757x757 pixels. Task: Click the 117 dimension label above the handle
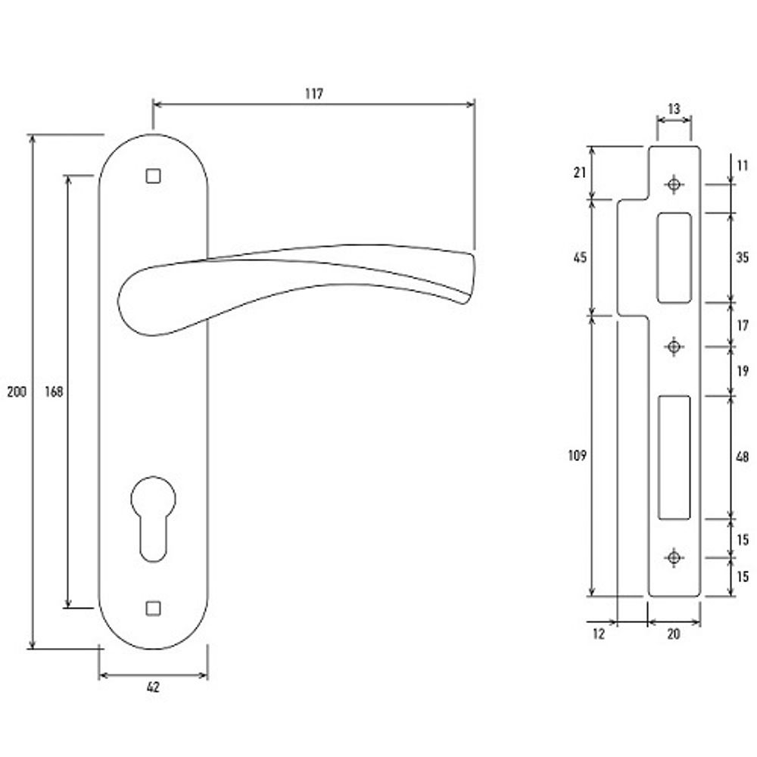[314, 94]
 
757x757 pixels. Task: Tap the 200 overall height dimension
[17, 391]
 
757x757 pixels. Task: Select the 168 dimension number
[54, 391]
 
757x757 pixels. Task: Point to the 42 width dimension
[153, 687]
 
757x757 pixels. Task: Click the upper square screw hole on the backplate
[153, 176]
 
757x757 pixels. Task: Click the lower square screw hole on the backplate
[153, 609]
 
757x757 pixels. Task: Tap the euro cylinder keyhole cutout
[153, 519]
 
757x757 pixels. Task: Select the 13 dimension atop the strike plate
[674, 108]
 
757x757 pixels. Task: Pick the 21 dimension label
[580, 172]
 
